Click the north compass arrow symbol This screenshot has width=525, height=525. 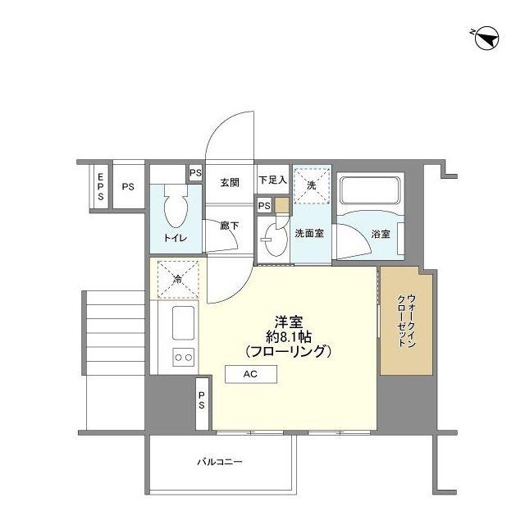tap(486, 39)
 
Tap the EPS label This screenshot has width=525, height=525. tap(100, 187)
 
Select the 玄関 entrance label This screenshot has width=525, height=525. tap(230, 183)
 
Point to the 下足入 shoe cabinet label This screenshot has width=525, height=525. tap(273, 180)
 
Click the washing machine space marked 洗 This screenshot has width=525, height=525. tap(312, 185)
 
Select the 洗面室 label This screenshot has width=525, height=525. tap(309, 233)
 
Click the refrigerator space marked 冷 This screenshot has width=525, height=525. tap(178, 280)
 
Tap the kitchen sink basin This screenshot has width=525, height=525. tap(183, 323)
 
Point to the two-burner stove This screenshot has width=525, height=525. tap(184, 358)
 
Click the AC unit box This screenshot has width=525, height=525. tap(251, 374)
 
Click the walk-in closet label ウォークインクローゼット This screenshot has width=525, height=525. tap(407, 321)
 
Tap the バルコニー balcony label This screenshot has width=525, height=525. tap(219, 462)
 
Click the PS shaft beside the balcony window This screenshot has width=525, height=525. tap(202, 404)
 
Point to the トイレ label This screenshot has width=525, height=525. tap(175, 238)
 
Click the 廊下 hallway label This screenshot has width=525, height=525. tap(230, 226)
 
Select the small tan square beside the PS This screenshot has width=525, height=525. tap(282, 205)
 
